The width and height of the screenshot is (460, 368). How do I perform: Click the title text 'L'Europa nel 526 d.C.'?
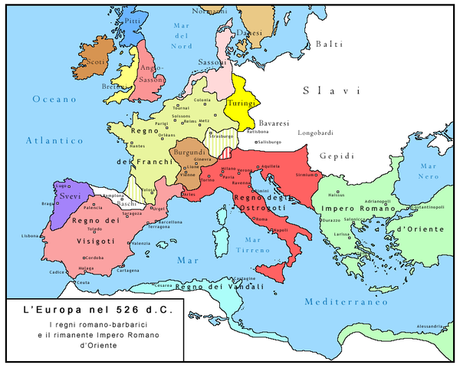[97, 312]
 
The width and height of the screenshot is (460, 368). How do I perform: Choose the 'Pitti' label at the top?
[133, 22]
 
